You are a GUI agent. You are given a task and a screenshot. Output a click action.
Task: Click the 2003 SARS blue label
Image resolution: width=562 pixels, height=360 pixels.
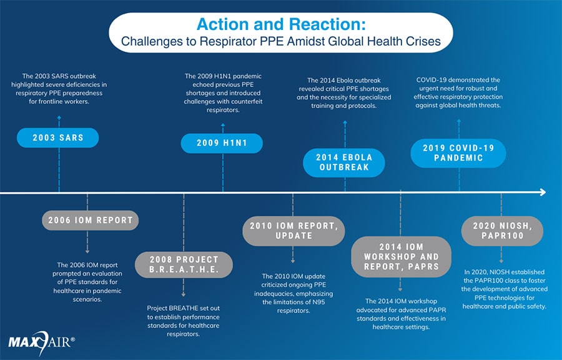click(57, 137)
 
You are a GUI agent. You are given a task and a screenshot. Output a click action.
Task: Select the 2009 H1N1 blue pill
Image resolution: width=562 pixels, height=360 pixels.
click(222, 143)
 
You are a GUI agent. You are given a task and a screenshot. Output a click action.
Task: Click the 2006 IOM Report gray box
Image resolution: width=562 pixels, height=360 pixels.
click(91, 220)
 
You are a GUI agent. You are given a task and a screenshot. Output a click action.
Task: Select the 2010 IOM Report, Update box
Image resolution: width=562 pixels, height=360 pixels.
click(293, 230)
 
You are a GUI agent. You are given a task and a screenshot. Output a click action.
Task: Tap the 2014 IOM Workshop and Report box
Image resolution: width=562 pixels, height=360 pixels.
click(401, 256)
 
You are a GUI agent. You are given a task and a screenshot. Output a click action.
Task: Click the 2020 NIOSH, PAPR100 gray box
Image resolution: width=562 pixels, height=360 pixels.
click(502, 231)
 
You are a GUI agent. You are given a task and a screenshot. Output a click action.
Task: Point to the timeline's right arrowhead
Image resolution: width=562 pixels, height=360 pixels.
click(542, 192)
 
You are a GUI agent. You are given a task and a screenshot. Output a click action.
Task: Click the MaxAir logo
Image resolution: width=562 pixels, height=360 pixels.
click(41, 341)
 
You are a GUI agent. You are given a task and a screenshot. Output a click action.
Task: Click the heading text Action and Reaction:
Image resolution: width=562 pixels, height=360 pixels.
click(280, 24)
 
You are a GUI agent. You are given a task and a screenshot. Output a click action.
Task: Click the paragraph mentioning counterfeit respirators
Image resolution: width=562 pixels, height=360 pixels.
click(223, 93)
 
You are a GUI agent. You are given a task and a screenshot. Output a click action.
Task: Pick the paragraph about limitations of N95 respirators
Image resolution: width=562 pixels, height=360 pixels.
click(294, 293)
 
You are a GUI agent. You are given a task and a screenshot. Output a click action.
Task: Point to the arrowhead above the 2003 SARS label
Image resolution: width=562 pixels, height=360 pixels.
click(58, 117)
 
